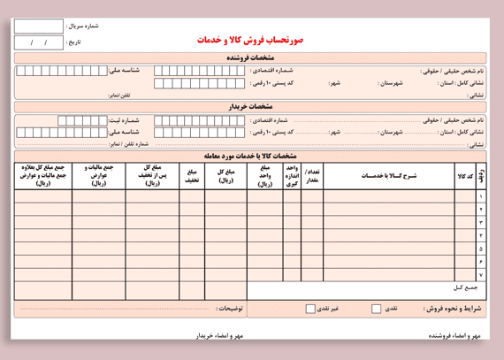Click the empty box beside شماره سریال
[x=39, y=27]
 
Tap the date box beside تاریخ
[x=39, y=42]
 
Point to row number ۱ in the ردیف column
[x=481, y=196]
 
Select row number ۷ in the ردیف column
[x=481, y=275]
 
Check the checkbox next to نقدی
[x=376, y=309]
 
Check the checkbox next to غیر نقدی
[x=310, y=309]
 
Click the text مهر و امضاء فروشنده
[x=454, y=336]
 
